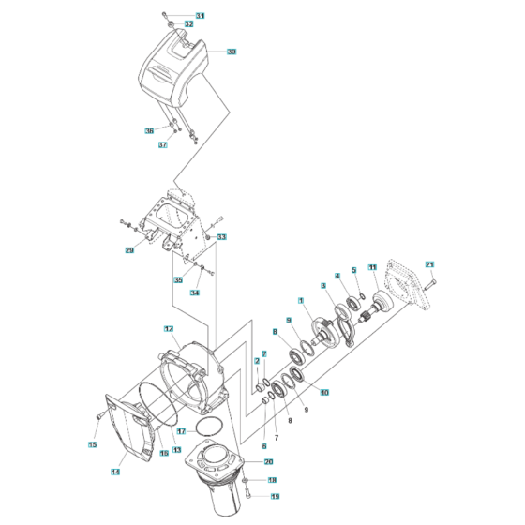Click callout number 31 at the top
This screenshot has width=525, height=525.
200,16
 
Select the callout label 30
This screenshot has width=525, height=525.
232,52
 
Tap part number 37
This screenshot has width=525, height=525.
162,144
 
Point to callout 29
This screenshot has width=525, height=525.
129,250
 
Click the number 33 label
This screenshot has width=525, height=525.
221,237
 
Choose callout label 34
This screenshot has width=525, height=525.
194,292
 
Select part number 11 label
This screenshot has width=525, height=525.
372,268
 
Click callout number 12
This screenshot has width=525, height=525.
169,329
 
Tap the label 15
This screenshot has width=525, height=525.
93,443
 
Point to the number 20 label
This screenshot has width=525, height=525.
268,462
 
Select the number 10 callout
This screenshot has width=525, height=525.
324,392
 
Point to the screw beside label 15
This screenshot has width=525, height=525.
100,415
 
